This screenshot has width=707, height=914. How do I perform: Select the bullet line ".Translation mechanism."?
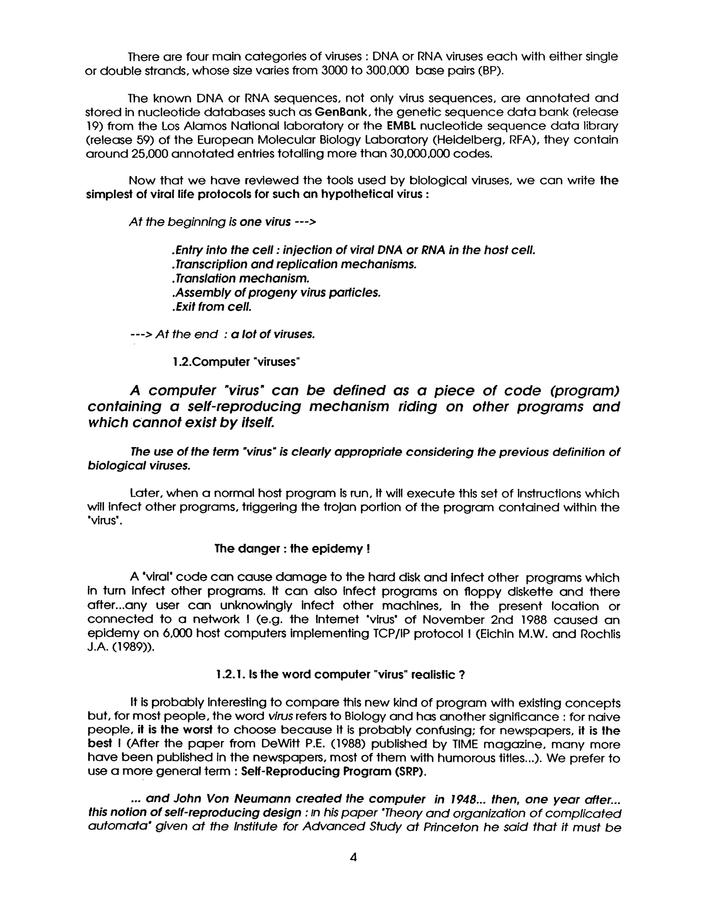pyautogui.click(x=240, y=278)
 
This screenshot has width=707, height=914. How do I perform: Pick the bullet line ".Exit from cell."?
pyautogui.click(x=212, y=307)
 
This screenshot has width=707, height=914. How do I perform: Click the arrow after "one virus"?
pyautogui.click(x=305, y=222)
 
